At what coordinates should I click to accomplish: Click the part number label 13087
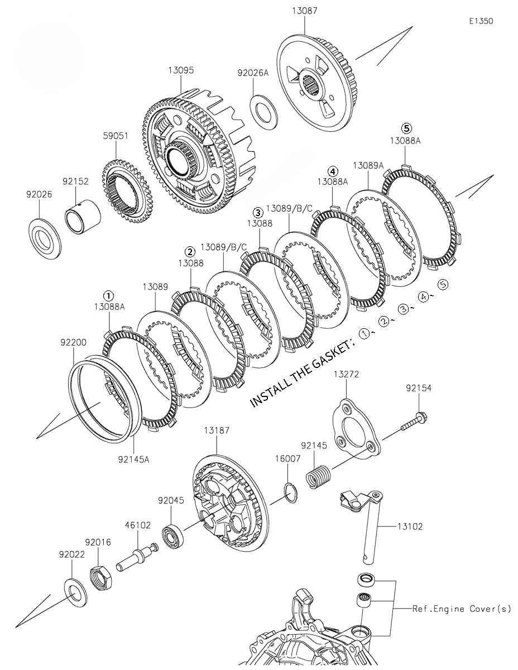pyautogui.click(x=304, y=11)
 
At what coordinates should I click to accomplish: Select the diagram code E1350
pyautogui.click(x=481, y=21)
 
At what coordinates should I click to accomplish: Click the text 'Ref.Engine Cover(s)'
pyautogui.click(x=461, y=609)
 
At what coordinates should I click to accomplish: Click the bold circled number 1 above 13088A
pyautogui.click(x=109, y=295)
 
